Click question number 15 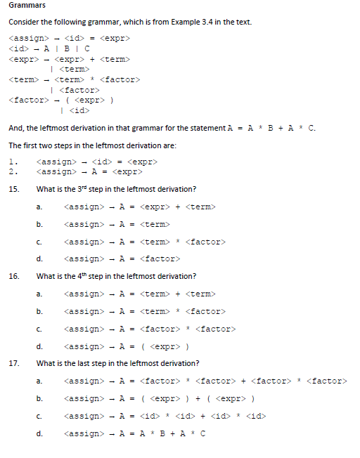point(14,189)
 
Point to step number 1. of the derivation point(13,162)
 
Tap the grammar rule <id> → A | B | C point(49,48)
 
